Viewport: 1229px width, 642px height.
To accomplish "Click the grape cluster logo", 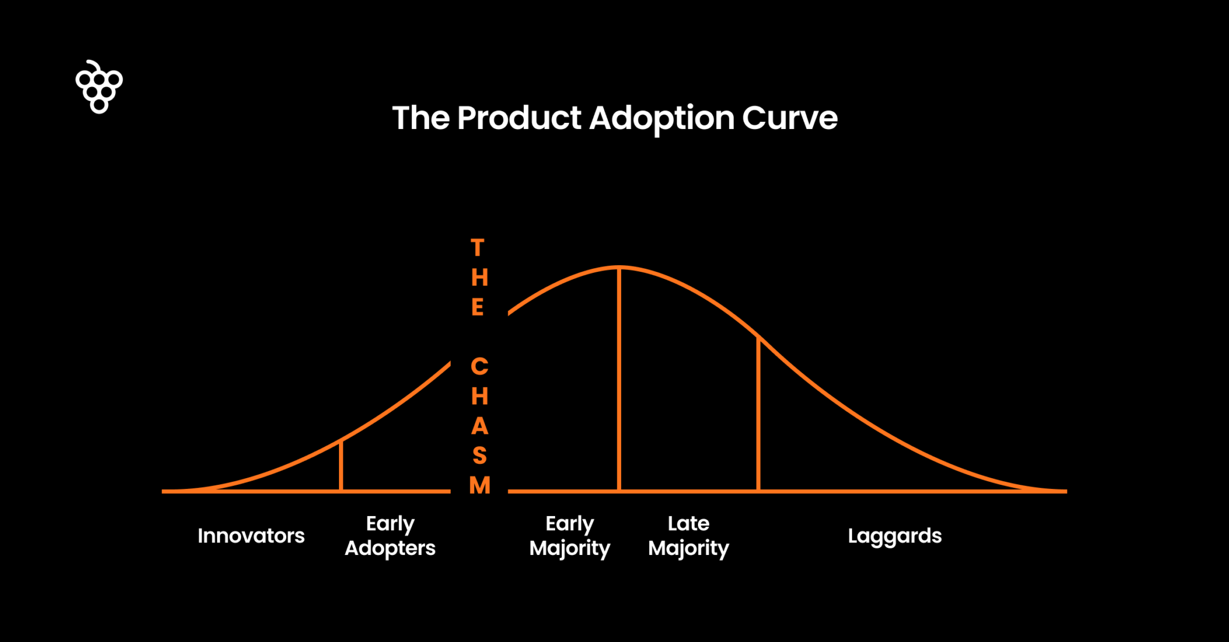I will coord(99,88).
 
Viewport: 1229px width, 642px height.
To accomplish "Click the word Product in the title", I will coord(519,118).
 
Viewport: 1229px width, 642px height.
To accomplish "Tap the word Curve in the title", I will coord(789,118).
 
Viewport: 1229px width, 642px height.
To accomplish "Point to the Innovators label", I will coord(251,536).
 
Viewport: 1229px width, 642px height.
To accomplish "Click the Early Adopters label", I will coord(390,536).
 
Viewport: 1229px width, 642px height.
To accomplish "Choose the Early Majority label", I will coord(569,536).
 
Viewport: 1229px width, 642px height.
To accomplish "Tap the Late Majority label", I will coord(688,536).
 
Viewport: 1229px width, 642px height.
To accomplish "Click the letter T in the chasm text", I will coord(478,248).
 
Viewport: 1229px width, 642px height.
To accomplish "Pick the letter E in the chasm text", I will coord(478,307).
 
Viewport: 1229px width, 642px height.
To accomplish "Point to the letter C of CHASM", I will coord(479,366).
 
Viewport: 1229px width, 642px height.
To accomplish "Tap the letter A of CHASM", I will coord(479,426).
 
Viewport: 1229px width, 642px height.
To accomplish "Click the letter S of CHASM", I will coord(479,455).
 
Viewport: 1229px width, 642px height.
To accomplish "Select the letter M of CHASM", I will coord(479,485).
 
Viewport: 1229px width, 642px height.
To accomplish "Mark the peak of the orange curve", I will coord(619,267).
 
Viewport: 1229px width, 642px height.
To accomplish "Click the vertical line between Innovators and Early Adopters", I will coord(341,467).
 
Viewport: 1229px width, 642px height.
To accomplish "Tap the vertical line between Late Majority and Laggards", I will coord(759,414).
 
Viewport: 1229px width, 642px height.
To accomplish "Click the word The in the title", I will coord(421,118).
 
